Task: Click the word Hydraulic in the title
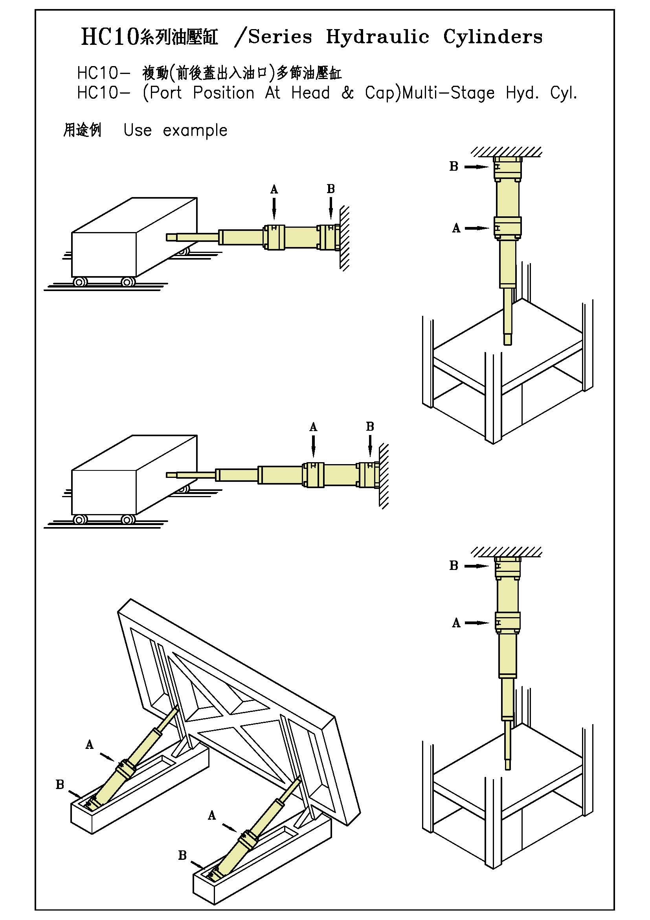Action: point(377,37)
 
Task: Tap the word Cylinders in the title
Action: point(493,37)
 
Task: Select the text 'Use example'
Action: point(175,130)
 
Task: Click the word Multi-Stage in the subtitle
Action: point(448,93)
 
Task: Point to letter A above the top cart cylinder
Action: point(274,189)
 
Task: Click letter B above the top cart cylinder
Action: point(331,189)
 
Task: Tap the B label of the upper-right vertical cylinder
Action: point(454,166)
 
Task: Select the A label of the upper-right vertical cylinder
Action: point(456,228)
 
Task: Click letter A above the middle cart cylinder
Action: point(313,427)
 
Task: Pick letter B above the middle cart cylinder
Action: point(370,426)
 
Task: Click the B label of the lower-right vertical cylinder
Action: point(454,566)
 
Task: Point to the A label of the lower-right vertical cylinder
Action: point(456,623)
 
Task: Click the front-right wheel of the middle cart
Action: point(128,520)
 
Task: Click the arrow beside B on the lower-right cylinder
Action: point(477,566)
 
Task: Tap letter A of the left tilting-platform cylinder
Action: point(89,745)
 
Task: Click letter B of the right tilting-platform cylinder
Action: point(182,855)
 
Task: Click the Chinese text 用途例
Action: point(82,130)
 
